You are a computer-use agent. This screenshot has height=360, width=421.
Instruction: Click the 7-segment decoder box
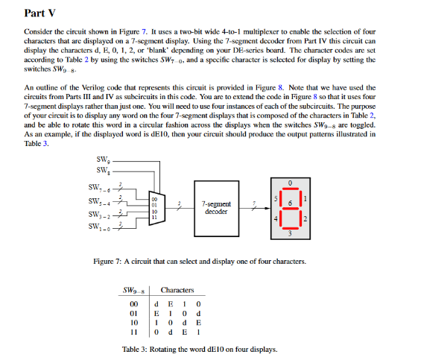(216, 206)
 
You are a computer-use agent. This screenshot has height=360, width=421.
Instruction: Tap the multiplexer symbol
(155, 206)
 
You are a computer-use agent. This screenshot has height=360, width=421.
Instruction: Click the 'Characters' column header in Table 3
(177, 290)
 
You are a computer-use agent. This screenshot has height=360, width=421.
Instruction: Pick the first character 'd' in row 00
(156, 303)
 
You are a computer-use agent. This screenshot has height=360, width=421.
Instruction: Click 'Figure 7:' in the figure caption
(110, 262)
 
